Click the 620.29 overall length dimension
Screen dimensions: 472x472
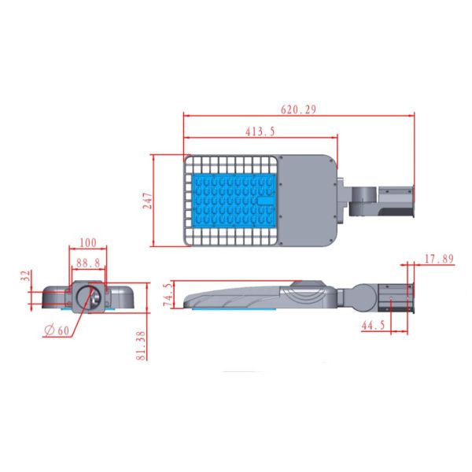point(299,110)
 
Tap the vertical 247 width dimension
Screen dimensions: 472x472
point(147,200)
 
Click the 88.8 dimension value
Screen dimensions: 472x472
point(88,264)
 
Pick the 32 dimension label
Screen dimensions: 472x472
point(26,276)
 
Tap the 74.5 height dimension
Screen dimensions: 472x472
point(166,295)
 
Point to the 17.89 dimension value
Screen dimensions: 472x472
point(439,259)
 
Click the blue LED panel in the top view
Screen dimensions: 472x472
point(234,200)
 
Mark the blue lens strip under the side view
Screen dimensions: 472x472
point(232,309)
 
